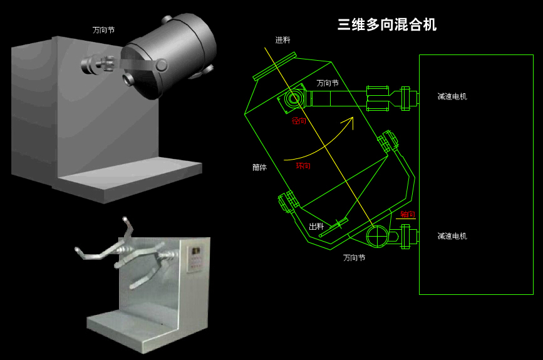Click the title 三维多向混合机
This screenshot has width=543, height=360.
click(386, 25)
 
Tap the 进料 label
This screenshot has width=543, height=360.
click(282, 40)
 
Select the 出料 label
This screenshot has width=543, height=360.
click(316, 226)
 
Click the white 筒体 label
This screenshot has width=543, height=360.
click(259, 168)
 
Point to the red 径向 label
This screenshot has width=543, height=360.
click(299, 120)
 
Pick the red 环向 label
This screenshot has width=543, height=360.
click(303, 166)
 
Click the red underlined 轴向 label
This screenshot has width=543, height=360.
click(407, 215)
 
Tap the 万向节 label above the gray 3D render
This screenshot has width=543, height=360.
click(103, 29)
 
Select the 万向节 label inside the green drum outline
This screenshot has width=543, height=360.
click(328, 83)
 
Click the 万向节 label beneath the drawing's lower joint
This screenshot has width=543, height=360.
click(354, 257)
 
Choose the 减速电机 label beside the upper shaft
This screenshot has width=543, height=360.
click(452, 96)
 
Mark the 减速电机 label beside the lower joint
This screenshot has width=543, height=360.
click(452, 236)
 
